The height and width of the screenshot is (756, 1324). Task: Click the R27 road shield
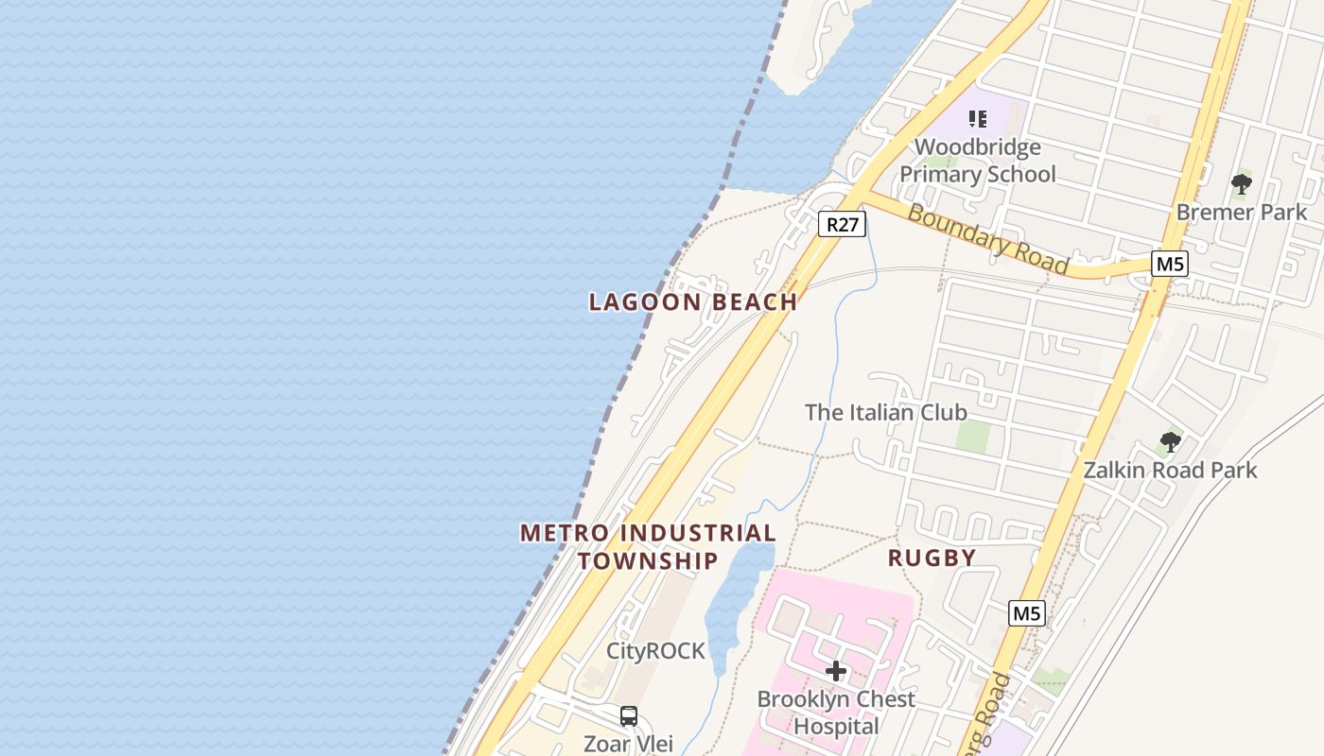pyautogui.click(x=841, y=225)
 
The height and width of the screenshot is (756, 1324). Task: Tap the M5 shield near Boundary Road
pyautogui.click(x=1169, y=264)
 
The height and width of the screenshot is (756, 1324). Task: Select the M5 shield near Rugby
pyautogui.click(x=1026, y=613)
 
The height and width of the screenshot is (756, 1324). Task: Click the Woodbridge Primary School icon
pyautogui.click(x=978, y=119)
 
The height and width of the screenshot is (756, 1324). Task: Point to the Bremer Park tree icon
pyautogui.click(x=1241, y=183)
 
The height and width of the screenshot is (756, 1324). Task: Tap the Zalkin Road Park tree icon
pyautogui.click(x=1170, y=441)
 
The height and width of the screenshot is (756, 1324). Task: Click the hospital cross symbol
pyautogui.click(x=835, y=671)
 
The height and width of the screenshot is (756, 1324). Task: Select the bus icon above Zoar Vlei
pyautogui.click(x=629, y=715)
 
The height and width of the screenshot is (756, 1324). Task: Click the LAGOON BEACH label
pyautogui.click(x=693, y=302)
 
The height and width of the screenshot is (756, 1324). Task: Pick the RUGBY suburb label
pyautogui.click(x=932, y=558)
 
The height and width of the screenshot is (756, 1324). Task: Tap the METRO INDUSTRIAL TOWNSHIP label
pyautogui.click(x=648, y=546)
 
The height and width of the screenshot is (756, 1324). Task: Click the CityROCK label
pyautogui.click(x=655, y=651)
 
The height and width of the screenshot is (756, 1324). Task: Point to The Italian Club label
pyautogui.click(x=885, y=412)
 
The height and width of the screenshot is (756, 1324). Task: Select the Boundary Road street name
pyautogui.click(x=987, y=239)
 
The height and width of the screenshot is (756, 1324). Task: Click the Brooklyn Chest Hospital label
pyautogui.click(x=836, y=713)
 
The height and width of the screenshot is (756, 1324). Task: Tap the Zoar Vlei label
pyautogui.click(x=628, y=743)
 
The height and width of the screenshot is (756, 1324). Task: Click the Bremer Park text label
pyautogui.click(x=1241, y=212)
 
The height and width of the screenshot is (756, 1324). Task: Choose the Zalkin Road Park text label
pyautogui.click(x=1170, y=470)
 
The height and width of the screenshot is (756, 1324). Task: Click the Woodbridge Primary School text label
pyautogui.click(x=978, y=161)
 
